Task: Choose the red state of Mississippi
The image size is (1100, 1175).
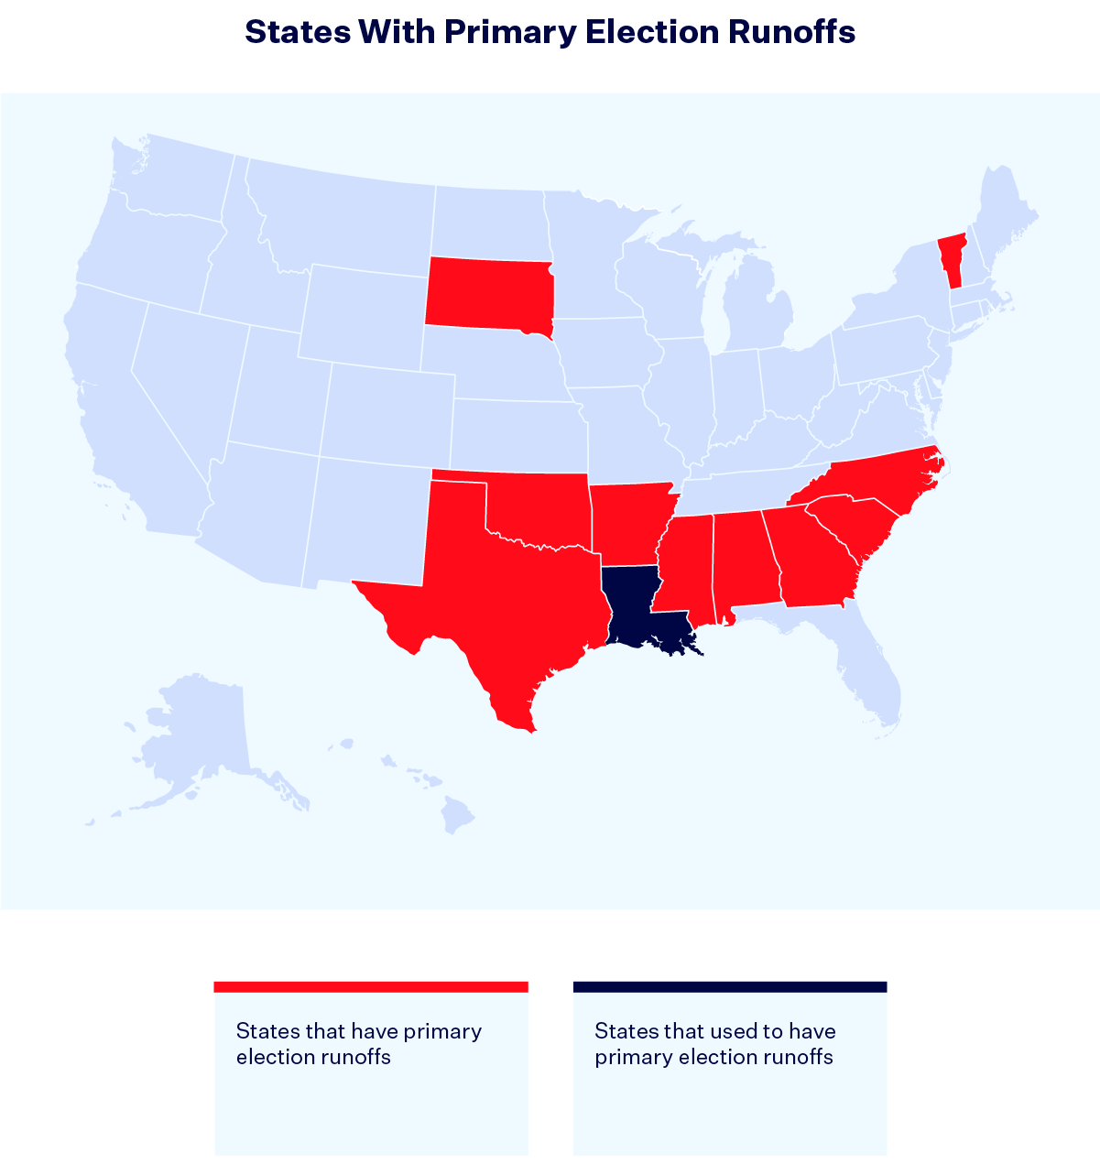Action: (x=683, y=568)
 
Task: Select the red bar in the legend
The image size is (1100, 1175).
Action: (x=371, y=986)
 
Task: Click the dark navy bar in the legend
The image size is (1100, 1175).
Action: (x=730, y=986)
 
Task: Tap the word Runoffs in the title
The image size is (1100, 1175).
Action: (x=792, y=32)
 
